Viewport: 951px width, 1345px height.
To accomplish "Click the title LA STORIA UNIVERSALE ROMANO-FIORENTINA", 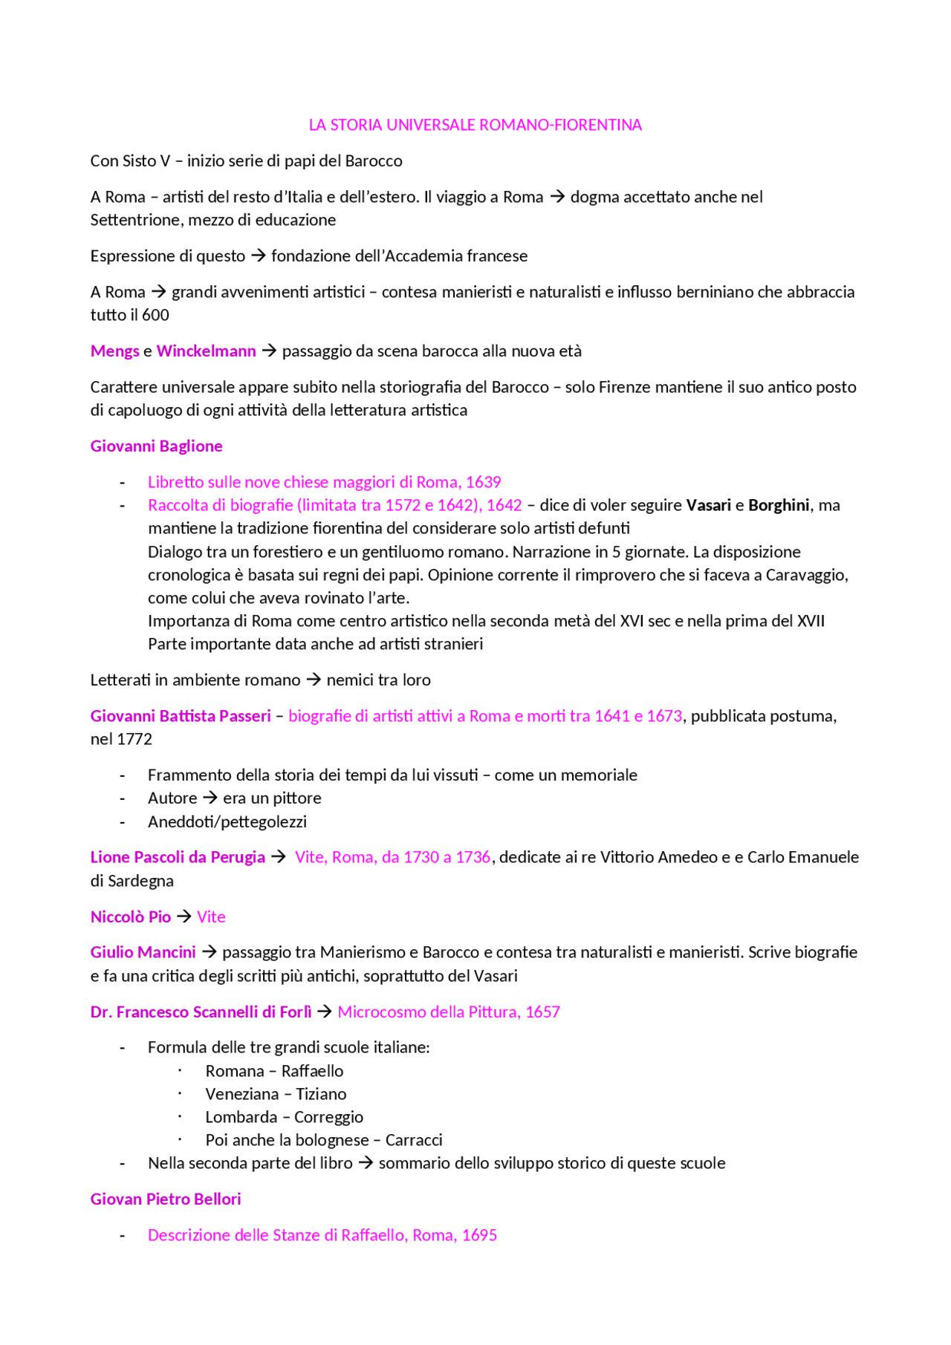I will pos(475,125).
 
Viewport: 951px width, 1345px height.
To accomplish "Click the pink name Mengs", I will pos(114,351).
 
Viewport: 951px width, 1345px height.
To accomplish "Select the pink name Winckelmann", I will pos(206,351).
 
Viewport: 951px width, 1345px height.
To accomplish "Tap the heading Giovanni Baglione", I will pos(156,446).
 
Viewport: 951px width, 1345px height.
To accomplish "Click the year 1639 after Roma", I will pos(483,482).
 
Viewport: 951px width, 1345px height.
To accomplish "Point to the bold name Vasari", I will pos(708,505).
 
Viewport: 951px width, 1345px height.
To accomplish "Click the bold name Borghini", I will pos(779,505).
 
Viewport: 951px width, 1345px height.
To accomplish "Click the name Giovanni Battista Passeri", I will pos(181,716).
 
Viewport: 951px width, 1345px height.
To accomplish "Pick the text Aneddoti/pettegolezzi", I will pos(227,821).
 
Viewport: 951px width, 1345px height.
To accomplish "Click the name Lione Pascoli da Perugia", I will pos(178,857).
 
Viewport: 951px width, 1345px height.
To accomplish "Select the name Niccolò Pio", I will pos(131,916).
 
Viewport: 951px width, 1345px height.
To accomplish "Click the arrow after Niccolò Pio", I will pos(184,916).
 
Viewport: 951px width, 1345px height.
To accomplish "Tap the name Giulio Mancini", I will pos(143,952).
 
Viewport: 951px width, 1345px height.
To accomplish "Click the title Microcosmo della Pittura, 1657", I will pos(448,1012).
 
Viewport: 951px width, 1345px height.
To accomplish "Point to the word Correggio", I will pos(328,1117).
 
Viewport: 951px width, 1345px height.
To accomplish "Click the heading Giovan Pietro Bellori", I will pos(166,1199).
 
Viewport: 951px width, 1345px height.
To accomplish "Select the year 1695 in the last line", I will pos(479,1235).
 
